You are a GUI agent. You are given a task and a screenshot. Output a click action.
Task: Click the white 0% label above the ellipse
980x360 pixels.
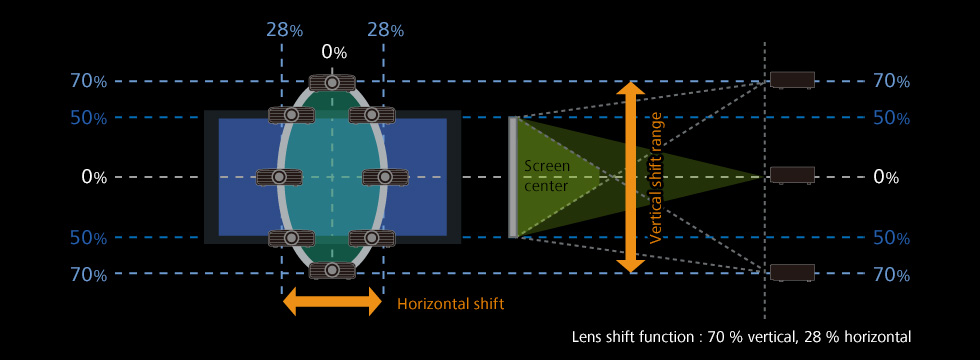pyautogui.click(x=334, y=52)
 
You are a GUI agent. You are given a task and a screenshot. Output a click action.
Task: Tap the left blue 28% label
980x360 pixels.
pyautogui.click(x=284, y=30)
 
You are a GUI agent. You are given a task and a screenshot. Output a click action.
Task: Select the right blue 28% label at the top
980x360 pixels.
pyautogui.click(x=386, y=30)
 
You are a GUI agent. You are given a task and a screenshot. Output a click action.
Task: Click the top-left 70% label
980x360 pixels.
pyautogui.click(x=89, y=81)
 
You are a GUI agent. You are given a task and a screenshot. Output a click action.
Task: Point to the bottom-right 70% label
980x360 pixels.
pyautogui.click(x=891, y=274)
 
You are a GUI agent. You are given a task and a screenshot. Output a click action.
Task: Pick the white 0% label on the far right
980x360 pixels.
pyautogui.click(x=886, y=178)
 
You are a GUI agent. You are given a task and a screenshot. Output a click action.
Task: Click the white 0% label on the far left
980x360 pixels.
pyautogui.click(x=94, y=178)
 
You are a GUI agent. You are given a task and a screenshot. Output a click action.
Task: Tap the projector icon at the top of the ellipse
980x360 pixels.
pyautogui.click(x=332, y=82)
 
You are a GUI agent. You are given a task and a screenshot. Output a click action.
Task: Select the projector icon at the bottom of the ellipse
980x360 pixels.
pyautogui.click(x=332, y=270)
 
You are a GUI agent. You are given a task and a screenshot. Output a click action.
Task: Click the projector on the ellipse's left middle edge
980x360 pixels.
pyautogui.click(x=279, y=177)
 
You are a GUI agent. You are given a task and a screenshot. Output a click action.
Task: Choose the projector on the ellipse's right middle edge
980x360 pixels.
pyautogui.click(x=386, y=177)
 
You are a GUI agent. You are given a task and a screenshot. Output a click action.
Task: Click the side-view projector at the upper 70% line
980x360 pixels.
pyautogui.click(x=792, y=79)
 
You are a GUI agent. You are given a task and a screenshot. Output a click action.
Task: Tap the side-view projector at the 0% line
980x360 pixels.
pyautogui.click(x=792, y=175)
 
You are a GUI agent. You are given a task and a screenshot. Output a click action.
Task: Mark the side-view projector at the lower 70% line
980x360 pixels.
pyautogui.click(x=792, y=272)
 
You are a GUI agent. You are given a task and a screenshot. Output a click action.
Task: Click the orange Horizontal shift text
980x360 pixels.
pyautogui.click(x=451, y=304)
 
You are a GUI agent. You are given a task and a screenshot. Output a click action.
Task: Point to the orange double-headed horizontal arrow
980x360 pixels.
pyautogui.click(x=332, y=304)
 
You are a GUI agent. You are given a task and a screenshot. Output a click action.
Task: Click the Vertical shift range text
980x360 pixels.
pyautogui.click(x=656, y=178)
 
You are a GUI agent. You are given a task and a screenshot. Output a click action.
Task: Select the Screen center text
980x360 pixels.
pyautogui.click(x=547, y=176)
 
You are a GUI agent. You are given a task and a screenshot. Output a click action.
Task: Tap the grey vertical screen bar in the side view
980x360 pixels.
pyautogui.click(x=512, y=177)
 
